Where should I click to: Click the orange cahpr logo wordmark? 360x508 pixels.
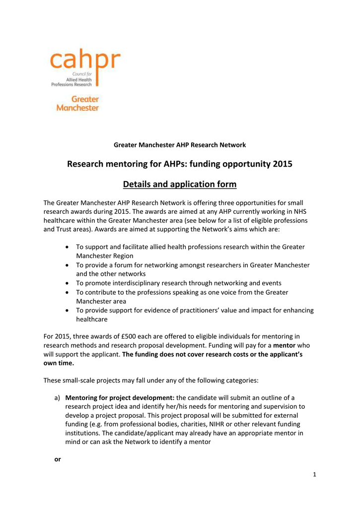click(x=84, y=62)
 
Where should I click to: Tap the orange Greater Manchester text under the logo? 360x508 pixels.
click(x=77, y=103)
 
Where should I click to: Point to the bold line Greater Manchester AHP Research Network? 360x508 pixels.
click(x=180, y=145)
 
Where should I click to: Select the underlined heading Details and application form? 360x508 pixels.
click(x=180, y=185)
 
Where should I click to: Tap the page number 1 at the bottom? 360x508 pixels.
click(x=315, y=475)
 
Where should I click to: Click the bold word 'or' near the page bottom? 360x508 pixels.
click(x=57, y=459)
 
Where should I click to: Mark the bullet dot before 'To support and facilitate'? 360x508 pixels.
click(x=67, y=247)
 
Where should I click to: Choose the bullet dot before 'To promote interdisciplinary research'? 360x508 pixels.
click(x=67, y=283)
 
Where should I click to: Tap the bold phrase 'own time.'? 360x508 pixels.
click(x=59, y=364)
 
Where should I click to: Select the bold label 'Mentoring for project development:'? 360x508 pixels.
click(x=120, y=397)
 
